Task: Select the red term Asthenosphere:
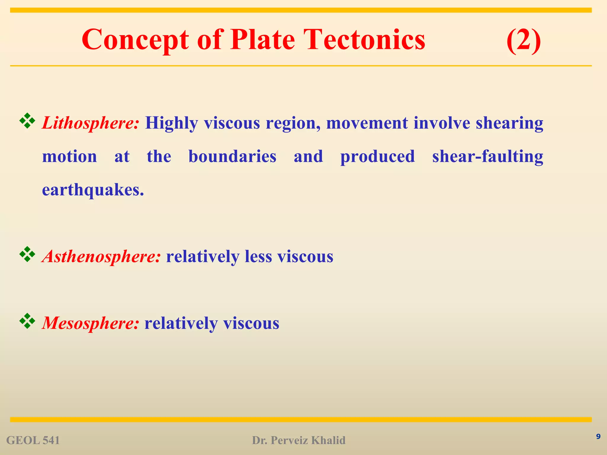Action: tap(102, 256)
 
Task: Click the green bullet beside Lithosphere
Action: tap(27, 121)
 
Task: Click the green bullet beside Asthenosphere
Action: tap(27, 254)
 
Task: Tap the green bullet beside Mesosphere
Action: tap(27, 321)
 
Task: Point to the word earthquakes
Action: tap(93, 190)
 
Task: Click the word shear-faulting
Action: tap(488, 156)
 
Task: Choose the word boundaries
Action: tap(232, 156)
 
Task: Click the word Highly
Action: tap(171, 123)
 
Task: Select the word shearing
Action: tap(509, 123)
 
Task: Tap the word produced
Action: tap(377, 156)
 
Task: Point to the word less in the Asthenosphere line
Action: tap(258, 256)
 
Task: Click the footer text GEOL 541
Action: tap(33, 440)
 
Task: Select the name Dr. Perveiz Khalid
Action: tap(298, 440)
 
